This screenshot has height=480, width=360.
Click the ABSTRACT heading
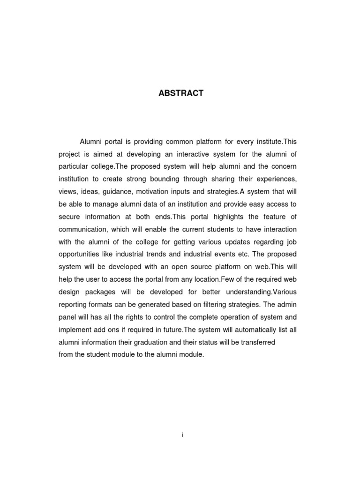180,93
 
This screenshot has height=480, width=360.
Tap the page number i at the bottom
182,435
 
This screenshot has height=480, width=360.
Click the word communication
83,230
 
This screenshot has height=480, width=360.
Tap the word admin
287,305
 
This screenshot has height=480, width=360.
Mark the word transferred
257,343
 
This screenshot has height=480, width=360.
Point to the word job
291,242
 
